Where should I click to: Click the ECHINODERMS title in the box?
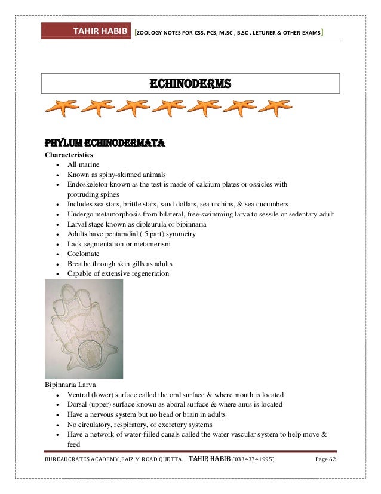click(190, 83)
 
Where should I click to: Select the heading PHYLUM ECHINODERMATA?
click(105, 144)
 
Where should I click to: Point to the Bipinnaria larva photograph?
click(84, 328)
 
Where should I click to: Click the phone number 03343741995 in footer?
click(253, 459)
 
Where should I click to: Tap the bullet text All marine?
click(84, 164)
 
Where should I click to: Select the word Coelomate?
click(85, 254)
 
